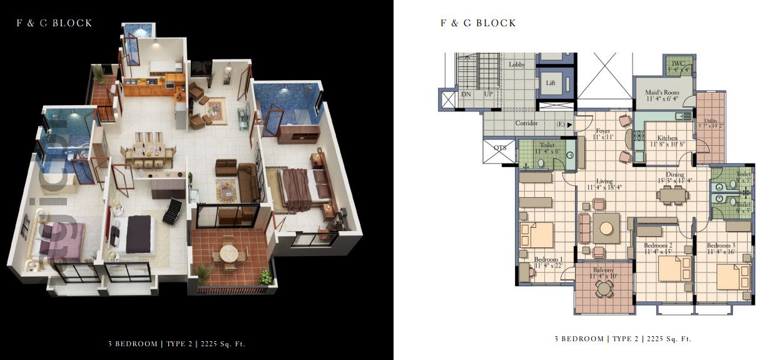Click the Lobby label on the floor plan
[x=517, y=64]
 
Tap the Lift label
[x=551, y=83]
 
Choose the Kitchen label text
[x=667, y=138]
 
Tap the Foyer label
[x=603, y=131]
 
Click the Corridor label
[x=526, y=123]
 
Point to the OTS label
[x=501, y=148]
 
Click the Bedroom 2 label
[x=658, y=245]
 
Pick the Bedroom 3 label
[x=721, y=245]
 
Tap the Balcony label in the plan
[x=603, y=270]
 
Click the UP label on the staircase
[x=489, y=94]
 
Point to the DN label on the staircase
[x=466, y=94]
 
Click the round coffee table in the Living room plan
[x=606, y=228]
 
